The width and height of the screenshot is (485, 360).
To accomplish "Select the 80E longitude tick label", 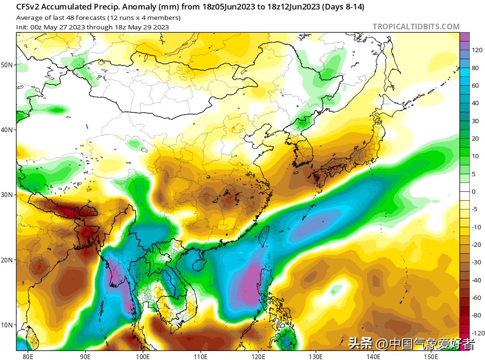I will tap(28, 356).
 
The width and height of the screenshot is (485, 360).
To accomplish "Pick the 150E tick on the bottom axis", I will tap(431, 356).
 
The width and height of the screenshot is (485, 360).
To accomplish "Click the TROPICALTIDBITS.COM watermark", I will tap(416, 27).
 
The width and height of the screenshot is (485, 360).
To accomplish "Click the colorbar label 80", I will tap(475, 68).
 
